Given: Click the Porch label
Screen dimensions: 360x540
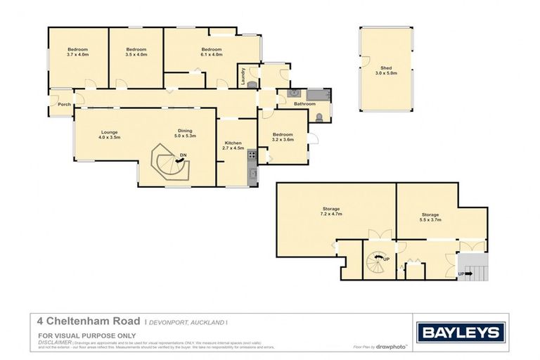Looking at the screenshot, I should pyautogui.click(x=64, y=105).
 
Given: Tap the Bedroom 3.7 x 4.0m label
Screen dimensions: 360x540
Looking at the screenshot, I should pyautogui.click(x=77, y=51).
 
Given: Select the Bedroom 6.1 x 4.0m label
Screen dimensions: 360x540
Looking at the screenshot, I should pyautogui.click(x=211, y=51).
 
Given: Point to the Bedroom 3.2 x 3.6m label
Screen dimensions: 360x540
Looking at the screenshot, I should pyautogui.click(x=282, y=136).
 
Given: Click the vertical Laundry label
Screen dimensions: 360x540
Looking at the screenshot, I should pyautogui.click(x=243, y=75).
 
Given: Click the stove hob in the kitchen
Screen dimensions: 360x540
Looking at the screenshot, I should pyautogui.click(x=251, y=157).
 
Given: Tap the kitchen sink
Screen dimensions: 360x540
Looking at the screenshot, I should pyautogui.click(x=252, y=173).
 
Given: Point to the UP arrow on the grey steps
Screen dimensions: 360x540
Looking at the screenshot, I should pyautogui.click(x=463, y=274).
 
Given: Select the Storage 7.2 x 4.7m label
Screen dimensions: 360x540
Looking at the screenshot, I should pyautogui.click(x=331, y=211).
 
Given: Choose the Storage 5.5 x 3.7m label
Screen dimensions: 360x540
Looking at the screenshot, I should pyautogui.click(x=430, y=217).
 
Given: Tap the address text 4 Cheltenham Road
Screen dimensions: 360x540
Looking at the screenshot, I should pyautogui.click(x=89, y=321).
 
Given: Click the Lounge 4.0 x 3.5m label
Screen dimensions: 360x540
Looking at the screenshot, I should pyautogui.click(x=109, y=134).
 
